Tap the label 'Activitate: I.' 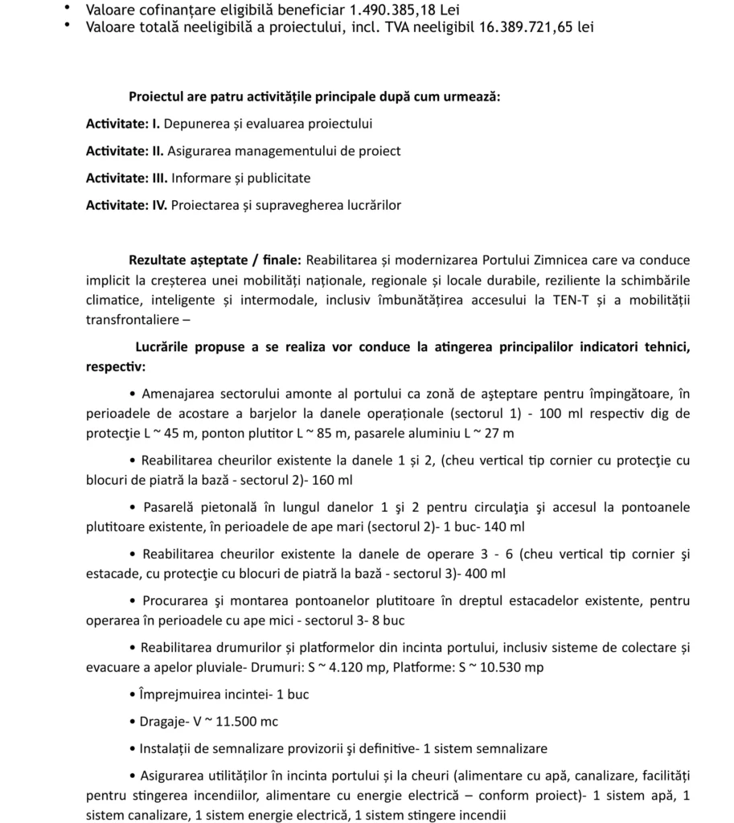[123, 124]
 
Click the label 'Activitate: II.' [125, 150]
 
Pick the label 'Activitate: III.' [127, 178]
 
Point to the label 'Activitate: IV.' [127, 205]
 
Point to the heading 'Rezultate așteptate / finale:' [215, 260]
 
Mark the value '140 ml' [505, 527]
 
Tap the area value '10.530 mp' [511, 667]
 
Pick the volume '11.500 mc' [240, 721]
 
